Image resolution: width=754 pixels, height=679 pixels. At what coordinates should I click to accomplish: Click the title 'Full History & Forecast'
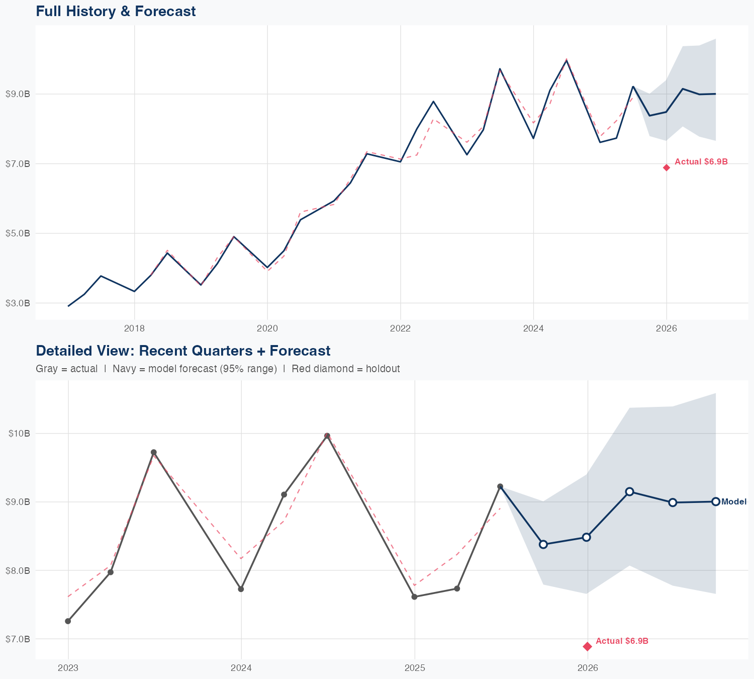(x=116, y=11)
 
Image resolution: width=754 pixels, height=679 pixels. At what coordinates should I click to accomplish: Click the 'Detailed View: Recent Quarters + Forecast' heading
(x=183, y=351)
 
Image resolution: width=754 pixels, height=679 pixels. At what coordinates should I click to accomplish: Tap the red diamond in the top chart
(x=667, y=167)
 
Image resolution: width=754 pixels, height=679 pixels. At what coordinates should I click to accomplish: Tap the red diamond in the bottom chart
(x=587, y=646)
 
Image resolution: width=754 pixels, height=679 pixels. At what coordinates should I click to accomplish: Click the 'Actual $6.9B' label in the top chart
(x=701, y=162)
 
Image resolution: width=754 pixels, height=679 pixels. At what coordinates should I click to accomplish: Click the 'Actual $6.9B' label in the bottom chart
(x=622, y=641)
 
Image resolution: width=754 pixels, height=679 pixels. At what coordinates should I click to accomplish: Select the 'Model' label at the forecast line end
(x=734, y=501)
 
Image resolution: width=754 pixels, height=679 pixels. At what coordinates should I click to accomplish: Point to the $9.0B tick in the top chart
(x=18, y=94)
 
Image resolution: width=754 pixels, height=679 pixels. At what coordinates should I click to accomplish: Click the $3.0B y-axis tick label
(x=18, y=303)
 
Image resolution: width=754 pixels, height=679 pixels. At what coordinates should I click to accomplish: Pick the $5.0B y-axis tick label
(x=18, y=233)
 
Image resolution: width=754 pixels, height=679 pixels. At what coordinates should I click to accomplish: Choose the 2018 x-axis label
(x=134, y=328)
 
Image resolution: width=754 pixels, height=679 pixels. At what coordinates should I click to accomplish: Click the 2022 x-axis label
(x=400, y=328)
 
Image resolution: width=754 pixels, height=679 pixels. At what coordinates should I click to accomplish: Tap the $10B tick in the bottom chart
(x=19, y=434)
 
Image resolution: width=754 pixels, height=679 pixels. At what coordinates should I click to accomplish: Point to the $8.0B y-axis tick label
(x=18, y=570)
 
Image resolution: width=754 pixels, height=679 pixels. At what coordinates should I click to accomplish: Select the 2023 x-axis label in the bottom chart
(x=68, y=668)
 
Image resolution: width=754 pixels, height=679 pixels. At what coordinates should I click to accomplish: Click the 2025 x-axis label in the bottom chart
(x=415, y=668)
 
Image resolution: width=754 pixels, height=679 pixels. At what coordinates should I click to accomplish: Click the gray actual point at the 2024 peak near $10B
(x=327, y=436)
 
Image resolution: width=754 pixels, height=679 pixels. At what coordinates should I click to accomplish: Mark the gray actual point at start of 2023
(x=68, y=621)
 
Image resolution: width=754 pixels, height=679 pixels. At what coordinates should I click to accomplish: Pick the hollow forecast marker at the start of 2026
(x=586, y=537)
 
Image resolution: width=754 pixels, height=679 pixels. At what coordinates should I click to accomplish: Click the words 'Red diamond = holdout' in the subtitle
(x=345, y=369)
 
